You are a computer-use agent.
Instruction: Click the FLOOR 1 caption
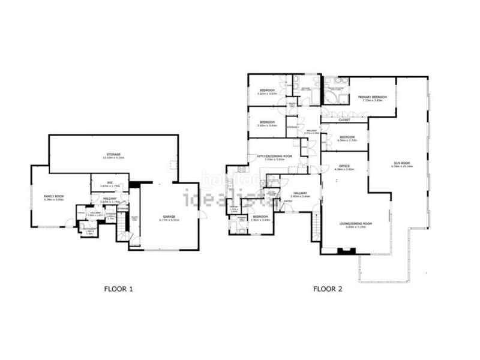coord(118,289)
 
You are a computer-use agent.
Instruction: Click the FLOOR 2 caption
coord(328,289)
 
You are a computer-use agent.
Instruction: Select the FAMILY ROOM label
coord(53,197)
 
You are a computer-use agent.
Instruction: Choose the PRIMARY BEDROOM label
coord(372,97)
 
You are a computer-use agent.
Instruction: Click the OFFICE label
coord(344,166)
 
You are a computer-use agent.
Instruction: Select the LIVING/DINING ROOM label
coord(356,224)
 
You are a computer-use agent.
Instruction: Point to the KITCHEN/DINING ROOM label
coord(274,156)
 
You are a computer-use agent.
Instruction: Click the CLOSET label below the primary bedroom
coord(344,119)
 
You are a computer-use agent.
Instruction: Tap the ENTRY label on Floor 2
coord(288,201)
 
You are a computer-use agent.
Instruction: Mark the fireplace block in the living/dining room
coord(343,250)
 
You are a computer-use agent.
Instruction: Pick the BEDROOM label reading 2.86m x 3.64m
coord(260,217)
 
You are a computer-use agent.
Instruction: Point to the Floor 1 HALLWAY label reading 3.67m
coord(109,198)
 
